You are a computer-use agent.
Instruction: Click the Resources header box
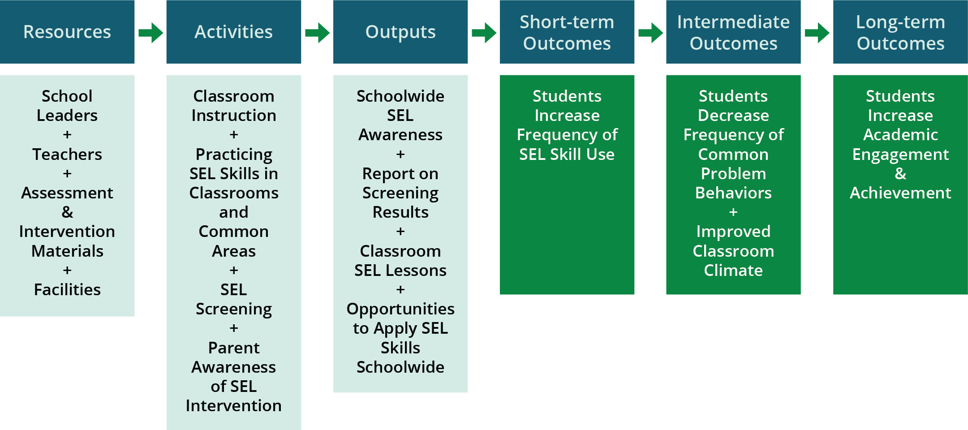coord(67,32)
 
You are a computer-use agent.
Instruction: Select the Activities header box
coord(234,32)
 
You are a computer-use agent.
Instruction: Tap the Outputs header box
coord(400,32)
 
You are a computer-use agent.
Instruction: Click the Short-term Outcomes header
coord(567,32)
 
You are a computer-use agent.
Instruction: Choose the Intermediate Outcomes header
coord(733,32)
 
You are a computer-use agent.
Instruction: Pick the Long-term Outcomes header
coord(900,32)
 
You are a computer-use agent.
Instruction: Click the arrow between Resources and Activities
coord(151,33)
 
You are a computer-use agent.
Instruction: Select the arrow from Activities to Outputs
coord(318,33)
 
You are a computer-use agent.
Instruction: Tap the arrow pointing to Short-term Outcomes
coord(484,33)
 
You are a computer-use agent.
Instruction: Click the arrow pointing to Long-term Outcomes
coord(817,33)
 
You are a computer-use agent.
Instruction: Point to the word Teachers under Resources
coord(67,155)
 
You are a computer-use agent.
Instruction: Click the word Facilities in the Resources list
coord(67,290)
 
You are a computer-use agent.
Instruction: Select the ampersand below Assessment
coord(67,212)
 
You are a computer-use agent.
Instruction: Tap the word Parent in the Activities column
coord(234,348)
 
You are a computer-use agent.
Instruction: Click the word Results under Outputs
coord(400,212)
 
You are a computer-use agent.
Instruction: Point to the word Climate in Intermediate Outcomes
coord(733,271)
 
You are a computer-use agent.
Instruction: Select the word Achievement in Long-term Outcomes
coord(900,193)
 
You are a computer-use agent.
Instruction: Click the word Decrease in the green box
coord(733,116)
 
